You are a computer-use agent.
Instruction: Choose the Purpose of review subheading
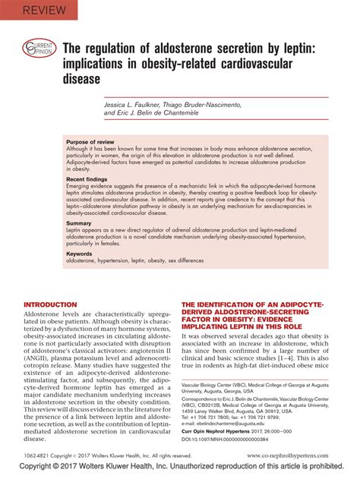pos(91,142)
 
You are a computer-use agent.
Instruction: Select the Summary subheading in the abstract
pos(79,223)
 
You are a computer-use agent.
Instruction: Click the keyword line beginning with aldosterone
pos(134,260)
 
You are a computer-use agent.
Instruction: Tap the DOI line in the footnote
pos(236,439)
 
